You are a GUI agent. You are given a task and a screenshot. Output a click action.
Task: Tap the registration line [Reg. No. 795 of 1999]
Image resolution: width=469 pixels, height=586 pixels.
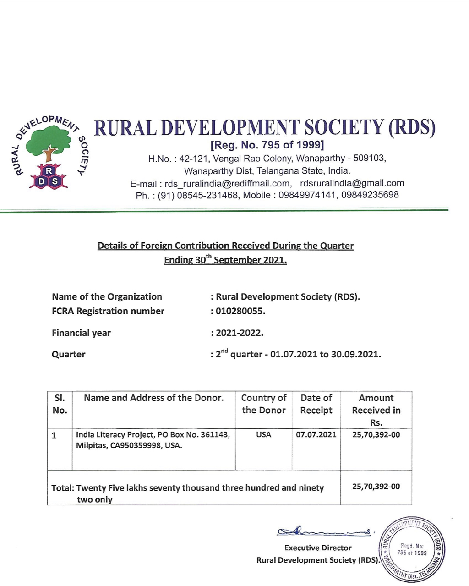(x=267, y=145)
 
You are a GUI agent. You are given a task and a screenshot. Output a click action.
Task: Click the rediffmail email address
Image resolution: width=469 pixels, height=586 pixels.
(x=228, y=184)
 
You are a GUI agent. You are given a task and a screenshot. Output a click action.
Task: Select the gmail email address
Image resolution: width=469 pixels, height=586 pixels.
(x=352, y=183)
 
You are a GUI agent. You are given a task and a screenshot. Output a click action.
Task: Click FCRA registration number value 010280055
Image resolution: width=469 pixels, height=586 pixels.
(x=240, y=311)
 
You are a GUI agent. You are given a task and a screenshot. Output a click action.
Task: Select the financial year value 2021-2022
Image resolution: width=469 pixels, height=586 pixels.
(x=239, y=333)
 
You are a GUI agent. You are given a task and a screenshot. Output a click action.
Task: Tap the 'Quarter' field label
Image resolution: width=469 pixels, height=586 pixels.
(x=68, y=355)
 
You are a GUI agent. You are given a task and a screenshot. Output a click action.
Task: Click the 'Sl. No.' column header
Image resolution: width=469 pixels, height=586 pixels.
(x=60, y=404)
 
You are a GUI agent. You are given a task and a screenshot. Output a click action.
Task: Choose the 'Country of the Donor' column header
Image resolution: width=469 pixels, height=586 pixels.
(x=263, y=404)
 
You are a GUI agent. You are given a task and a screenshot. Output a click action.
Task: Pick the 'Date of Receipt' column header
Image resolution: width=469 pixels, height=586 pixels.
(x=316, y=404)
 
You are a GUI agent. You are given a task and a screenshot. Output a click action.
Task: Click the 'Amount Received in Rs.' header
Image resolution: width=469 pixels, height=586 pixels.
(x=376, y=410)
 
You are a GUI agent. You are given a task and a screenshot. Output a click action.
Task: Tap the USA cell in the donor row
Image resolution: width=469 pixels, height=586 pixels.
(x=263, y=434)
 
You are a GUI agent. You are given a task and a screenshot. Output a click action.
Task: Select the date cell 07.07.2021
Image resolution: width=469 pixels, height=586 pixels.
(x=316, y=434)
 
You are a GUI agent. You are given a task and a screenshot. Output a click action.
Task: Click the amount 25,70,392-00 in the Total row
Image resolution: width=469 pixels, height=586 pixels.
(x=376, y=487)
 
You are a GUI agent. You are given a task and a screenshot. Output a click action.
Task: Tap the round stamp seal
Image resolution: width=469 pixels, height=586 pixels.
(x=413, y=548)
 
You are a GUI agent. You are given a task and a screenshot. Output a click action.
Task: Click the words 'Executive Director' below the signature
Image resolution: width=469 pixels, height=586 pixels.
(x=318, y=548)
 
